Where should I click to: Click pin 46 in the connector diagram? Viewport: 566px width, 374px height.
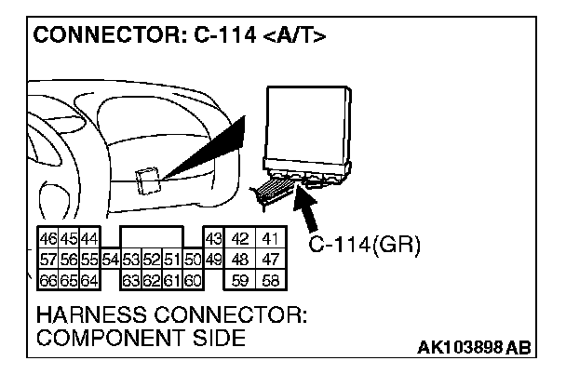click(47, 239)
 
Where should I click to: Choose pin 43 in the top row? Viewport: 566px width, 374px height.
click(212, 239)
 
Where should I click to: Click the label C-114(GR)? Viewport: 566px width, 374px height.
click(364, 246)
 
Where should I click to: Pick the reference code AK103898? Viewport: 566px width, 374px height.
click(457, 349)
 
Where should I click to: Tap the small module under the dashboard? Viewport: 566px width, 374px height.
click(147, 180)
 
